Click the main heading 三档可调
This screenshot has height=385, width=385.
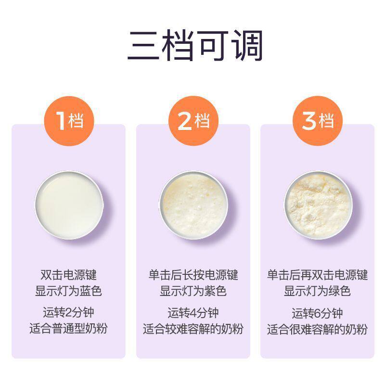(195, 46)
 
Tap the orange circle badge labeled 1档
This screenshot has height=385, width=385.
(69, 121)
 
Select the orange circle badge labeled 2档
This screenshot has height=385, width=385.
(193, 121)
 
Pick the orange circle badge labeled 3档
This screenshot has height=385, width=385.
(318, 121)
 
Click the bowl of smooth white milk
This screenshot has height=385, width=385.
(69, 205)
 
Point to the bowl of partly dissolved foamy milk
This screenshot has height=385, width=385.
(193, 205)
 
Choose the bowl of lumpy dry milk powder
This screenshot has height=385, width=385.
(318, 205)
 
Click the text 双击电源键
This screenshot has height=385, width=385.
(68, 275)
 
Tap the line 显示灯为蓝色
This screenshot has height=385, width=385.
(68, 291)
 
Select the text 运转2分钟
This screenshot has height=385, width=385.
(68, 312)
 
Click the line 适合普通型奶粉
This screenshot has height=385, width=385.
(68, 329)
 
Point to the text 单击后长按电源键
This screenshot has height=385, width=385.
(193, 275)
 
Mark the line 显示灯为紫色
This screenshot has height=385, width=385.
(193, 291)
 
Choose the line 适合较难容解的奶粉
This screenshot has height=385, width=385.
(193, 329)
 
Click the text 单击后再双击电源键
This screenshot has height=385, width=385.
(318, 275)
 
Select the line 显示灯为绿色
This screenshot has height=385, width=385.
(318, 291)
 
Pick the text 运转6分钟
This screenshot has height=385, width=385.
(318, 314)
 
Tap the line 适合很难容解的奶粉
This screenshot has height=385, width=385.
(318, 330)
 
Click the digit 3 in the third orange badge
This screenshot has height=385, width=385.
(309, 121)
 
